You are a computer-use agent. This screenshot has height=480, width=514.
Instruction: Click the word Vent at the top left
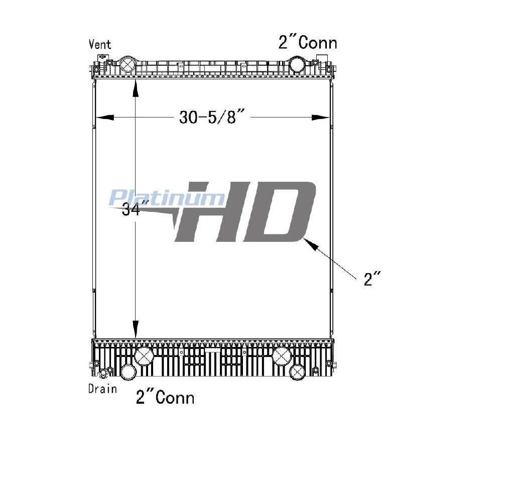(x=100, y=44)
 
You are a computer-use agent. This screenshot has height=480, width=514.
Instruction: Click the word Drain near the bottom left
(x=102, y=389)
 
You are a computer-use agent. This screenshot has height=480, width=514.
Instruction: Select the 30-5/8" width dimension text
(x=212, y=116)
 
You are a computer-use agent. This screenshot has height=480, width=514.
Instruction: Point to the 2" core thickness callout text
(x=372, y=279)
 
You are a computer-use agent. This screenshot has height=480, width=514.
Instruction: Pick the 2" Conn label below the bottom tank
(x=165, y=397)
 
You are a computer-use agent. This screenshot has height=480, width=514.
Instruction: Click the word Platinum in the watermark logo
(x=167, y=198)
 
